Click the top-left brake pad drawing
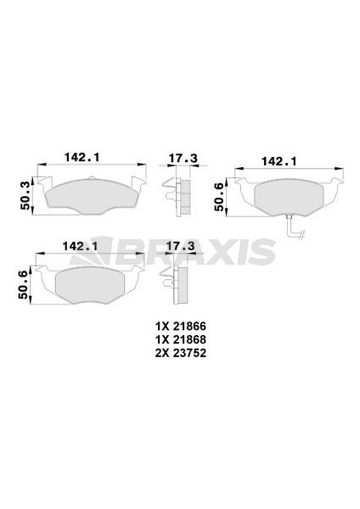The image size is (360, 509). pos(92,194)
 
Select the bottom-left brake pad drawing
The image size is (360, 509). pos(91,282)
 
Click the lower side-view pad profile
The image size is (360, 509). pos(177,282)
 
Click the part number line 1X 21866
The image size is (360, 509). pos(178,326)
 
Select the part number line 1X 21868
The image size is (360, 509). pos(178,339)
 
